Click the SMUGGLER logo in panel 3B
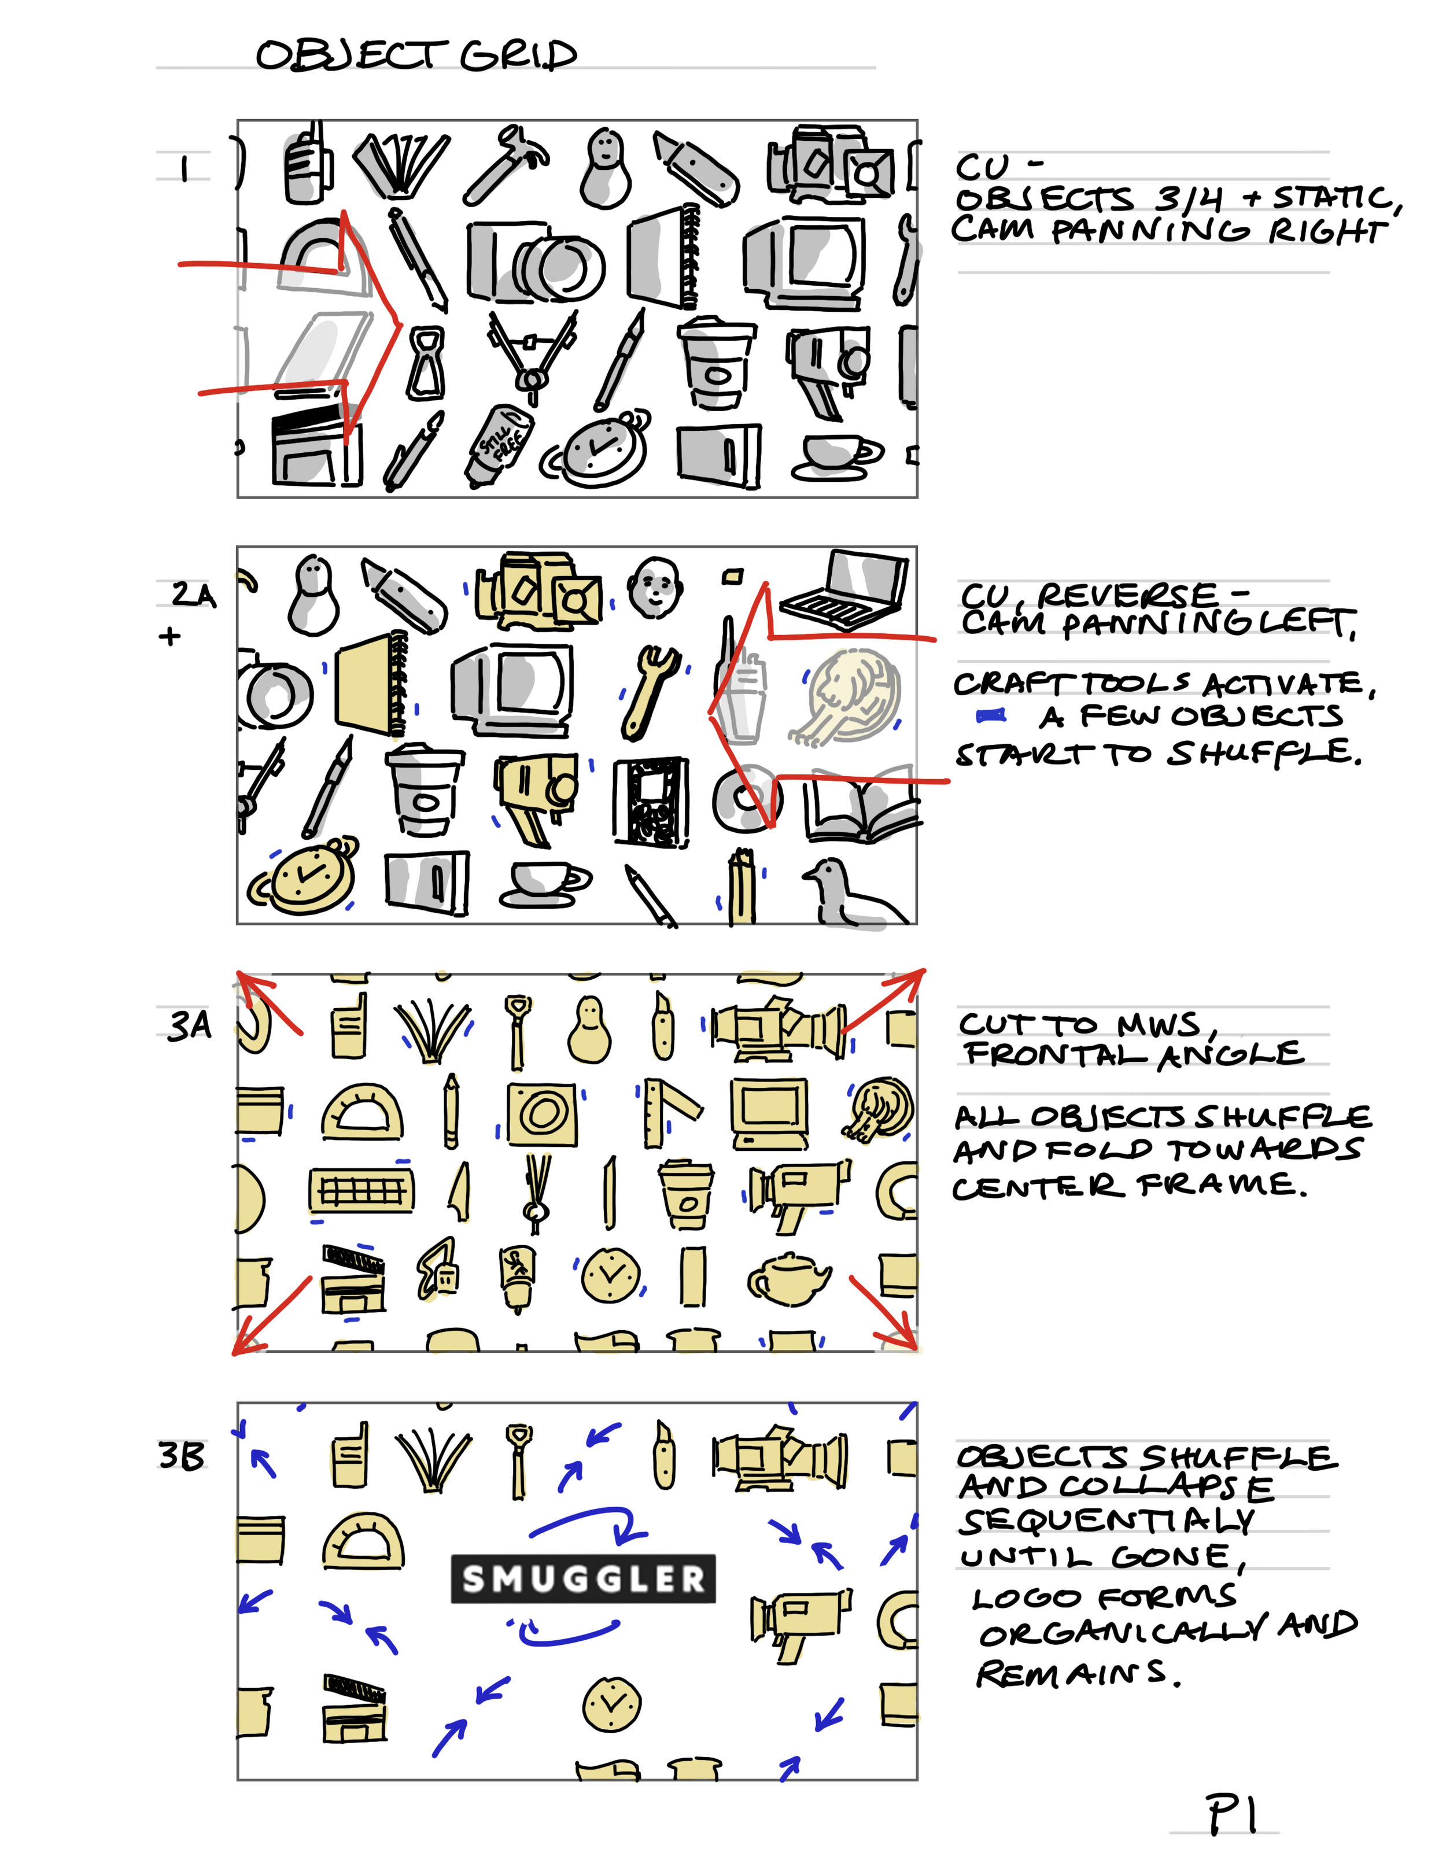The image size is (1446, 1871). [582, 1577]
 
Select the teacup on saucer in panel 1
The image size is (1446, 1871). [836, 455]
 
